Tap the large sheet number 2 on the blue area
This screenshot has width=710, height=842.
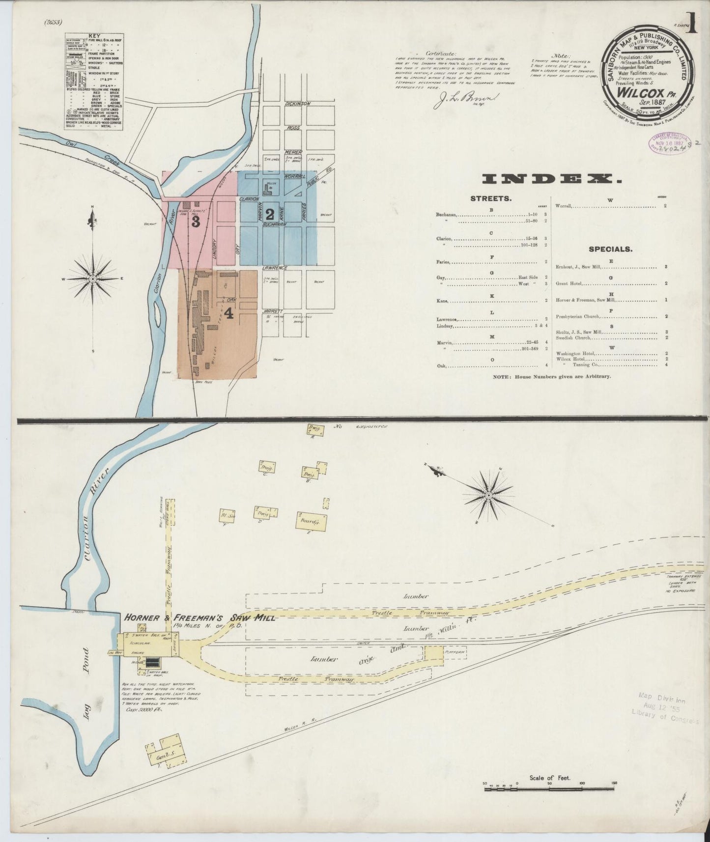coord(269,214)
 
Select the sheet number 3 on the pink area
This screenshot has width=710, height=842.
coord(196,222)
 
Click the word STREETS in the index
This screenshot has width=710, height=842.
coord(491,198)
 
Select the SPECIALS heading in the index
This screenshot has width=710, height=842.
coord(610,249)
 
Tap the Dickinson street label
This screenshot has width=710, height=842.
coord(298,104)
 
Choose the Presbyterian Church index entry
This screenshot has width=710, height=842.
coord(578,316)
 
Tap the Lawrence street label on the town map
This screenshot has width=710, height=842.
coord(274,268)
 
